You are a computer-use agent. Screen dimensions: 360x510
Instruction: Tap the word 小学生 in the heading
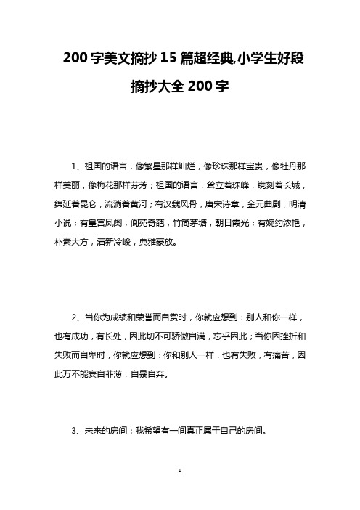point(247,60)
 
